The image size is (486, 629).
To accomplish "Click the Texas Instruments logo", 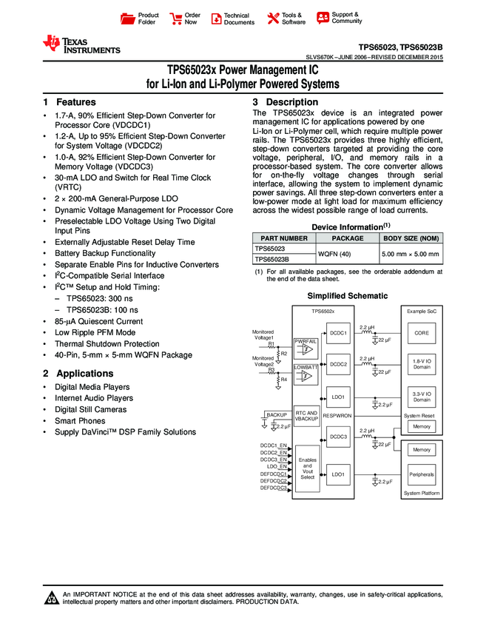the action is (x=81, y=45).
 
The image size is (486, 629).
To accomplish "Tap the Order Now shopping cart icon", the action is (x=176, y=18).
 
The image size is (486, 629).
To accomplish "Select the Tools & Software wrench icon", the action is (x=273, y=18).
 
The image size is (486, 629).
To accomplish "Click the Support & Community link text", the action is (x=346, y=18).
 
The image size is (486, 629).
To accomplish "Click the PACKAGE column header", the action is (x=347, y=238).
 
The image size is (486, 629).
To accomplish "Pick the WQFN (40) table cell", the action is (x=347, y=255).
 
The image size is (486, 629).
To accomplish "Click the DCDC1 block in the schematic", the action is (x=338, y=334).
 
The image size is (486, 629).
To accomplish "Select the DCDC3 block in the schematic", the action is (x=338, y=437).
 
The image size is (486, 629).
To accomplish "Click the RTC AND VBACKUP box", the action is (x=306, y=416).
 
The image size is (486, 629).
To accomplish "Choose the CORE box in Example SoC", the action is (x=422, y=334).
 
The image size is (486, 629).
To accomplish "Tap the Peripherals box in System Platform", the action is (x=422, y=474).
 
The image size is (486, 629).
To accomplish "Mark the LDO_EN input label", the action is (x=277, y=466).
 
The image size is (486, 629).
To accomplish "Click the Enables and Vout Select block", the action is (x=307, y=468).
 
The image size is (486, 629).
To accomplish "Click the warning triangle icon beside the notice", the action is (x=52, y=598).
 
